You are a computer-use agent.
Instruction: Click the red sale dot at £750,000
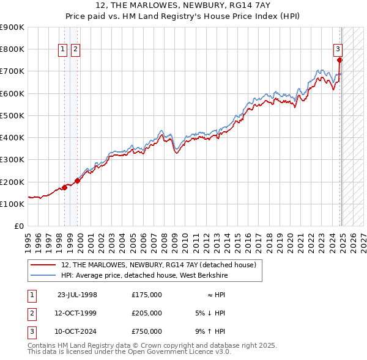click(339, 60)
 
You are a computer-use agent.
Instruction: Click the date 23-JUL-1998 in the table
click(77, 295)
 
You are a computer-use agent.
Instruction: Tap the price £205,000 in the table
click(147, 314)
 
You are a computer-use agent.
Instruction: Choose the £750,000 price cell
click(147, 333)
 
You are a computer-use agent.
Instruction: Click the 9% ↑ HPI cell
click(211, 333)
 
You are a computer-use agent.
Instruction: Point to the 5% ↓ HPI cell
click(211, 314)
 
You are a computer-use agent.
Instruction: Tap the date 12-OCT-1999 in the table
click(77, 314)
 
